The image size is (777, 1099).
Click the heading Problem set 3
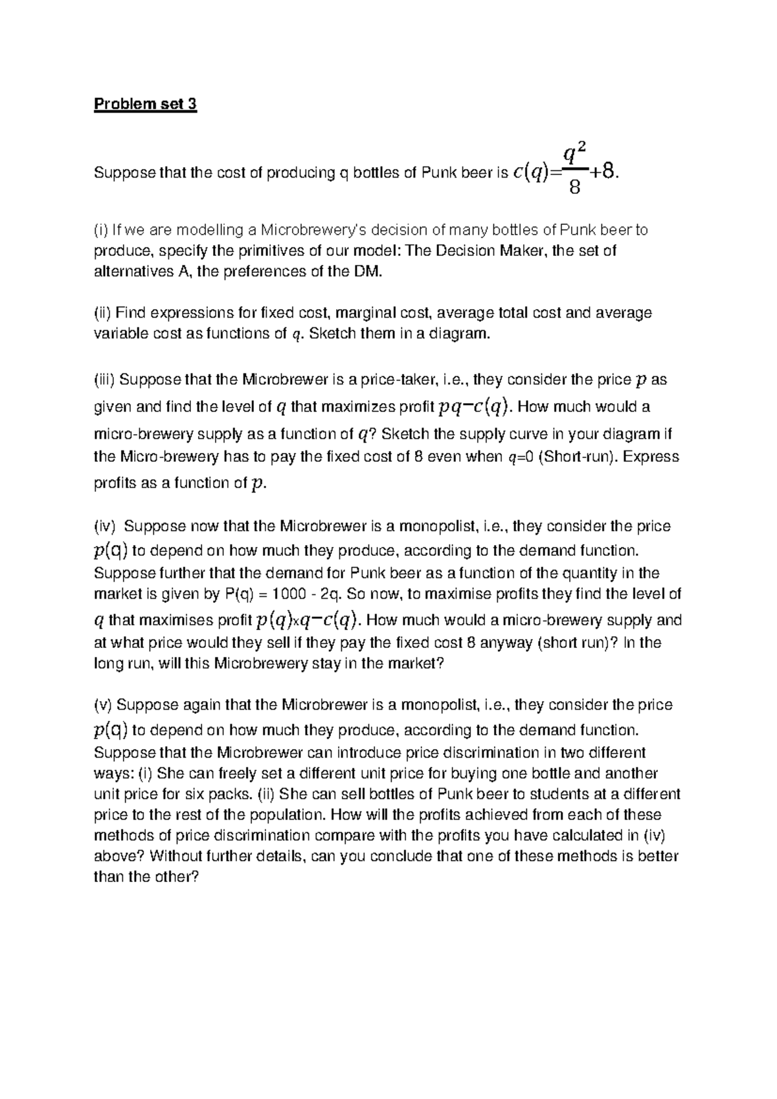pyautogui.click(x=145, y=104)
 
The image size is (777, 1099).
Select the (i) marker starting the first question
pyautogui.click(x=101, y=230)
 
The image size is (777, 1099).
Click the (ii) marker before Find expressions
pyautogui.click(x=103, y=313)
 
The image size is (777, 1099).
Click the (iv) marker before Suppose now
pyautogui.click(x=105, y=526)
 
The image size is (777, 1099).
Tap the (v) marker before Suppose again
pyautogui.click(x=103, y=705)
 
